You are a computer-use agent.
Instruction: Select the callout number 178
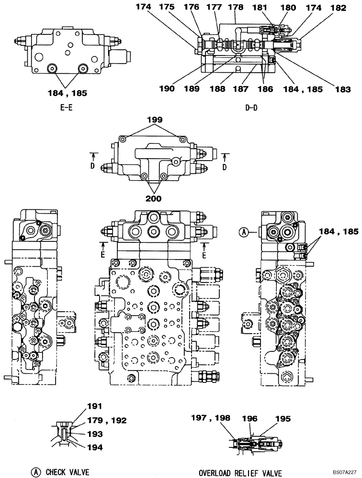coord(235,8)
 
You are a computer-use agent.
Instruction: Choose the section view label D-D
coord(251,108)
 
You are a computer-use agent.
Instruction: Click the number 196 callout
coord(250,418)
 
